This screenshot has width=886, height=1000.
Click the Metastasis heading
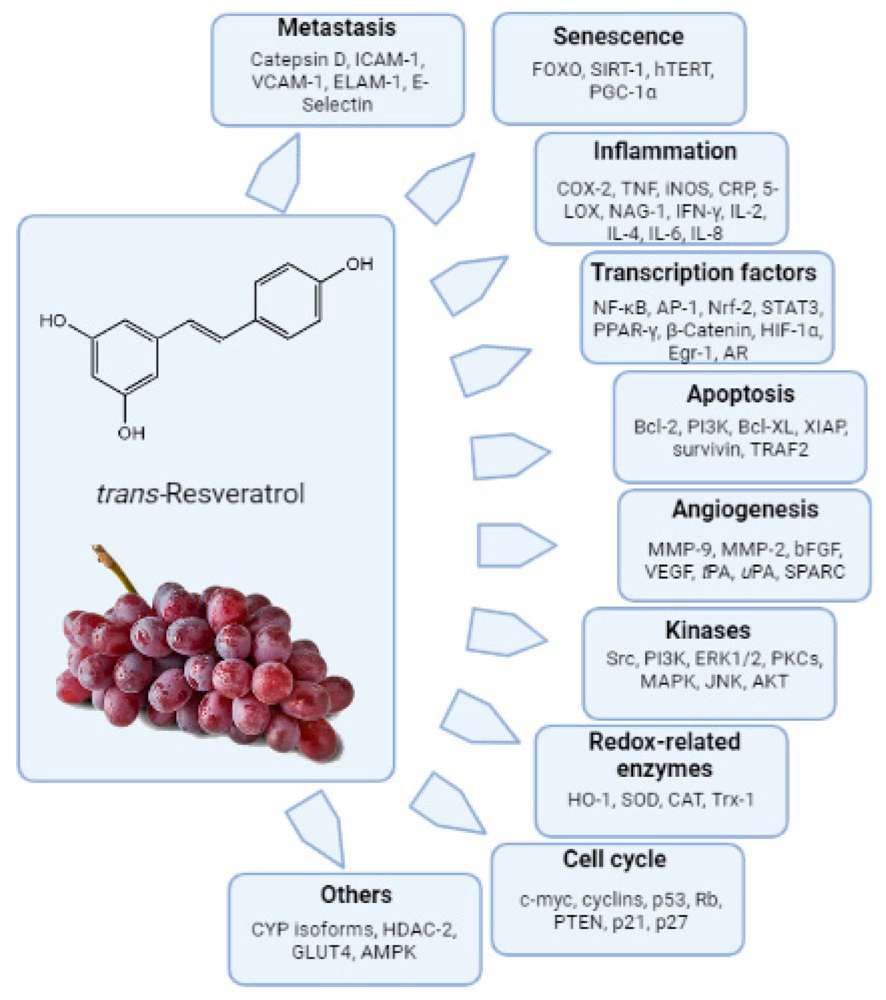[x=336, y=28]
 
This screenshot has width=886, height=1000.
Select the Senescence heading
[x=618, y=37]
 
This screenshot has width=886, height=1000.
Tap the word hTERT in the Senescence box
[x=684, y=70]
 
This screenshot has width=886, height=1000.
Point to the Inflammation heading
[x=665, y=151]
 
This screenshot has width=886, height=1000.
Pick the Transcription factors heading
[x=704, y=273]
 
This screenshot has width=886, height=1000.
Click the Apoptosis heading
[x=740, y=394]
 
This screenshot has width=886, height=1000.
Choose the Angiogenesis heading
[x=745, y=510]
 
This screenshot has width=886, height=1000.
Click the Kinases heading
[x=708, y=631]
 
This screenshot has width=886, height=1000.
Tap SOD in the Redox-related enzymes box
[x=640, y=800]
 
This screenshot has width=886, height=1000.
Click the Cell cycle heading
[x=614, y=859]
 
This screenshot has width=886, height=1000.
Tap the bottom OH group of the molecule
[x=131, y=432]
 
